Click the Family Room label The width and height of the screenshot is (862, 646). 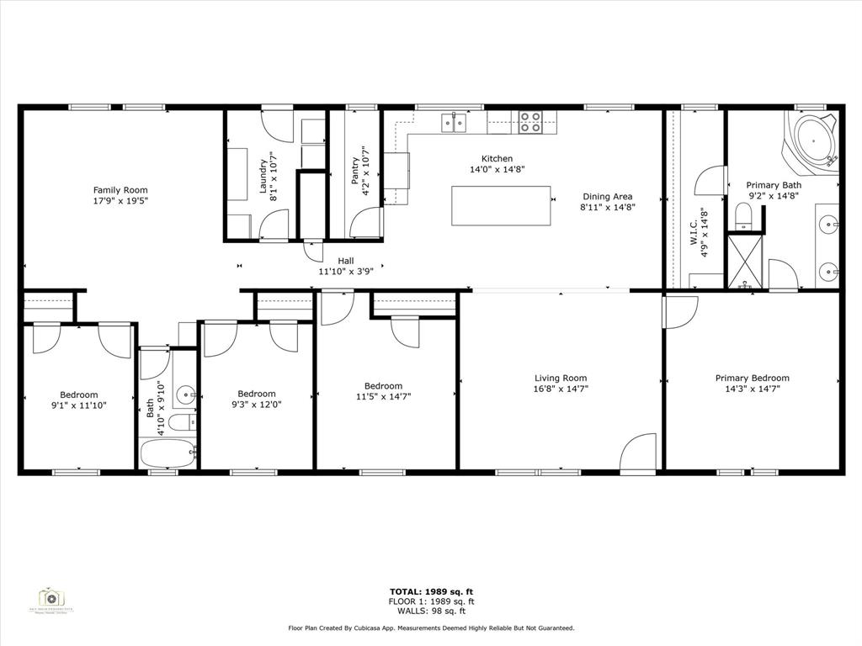point(120,191)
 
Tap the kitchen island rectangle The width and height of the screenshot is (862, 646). point(501,206)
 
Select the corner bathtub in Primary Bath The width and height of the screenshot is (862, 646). point(811,139)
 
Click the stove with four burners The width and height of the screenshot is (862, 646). point(529,123)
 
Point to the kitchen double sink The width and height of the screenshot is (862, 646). point(455,123)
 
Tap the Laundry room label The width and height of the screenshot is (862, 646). point(263,176)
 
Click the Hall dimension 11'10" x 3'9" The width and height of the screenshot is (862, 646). point(345,272)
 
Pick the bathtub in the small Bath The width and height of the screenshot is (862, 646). point(168,453)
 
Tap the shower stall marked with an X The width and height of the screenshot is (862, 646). point(744,263)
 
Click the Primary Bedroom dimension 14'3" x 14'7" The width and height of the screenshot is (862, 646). point(752,389)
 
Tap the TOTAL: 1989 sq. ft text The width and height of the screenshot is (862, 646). point(431,591)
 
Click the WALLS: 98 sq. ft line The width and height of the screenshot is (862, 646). point(431,612)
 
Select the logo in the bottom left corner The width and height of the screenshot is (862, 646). point(52,598)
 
